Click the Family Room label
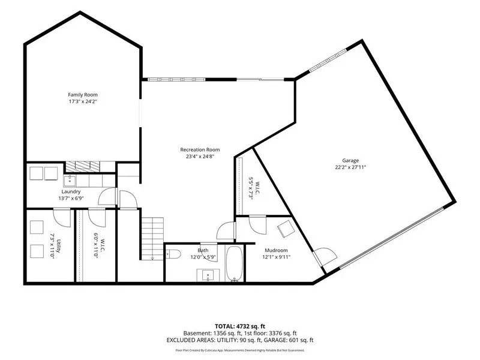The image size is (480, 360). pyautogui.click(x=83, y=95)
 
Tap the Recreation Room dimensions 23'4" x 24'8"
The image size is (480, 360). pyautogui.click(x=200, y=157)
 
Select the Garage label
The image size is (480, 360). pyautogui.click(x=350, y=160)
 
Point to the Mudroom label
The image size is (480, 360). pyautogui.click(x=276, y=250)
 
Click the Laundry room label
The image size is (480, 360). pyautogui.click(x=71, y=191)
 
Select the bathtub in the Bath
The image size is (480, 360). pyautogui.click(x=235, y=263)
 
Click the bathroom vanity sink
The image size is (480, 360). pyautogui.click(x=208, y=275)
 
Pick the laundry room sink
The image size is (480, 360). pyautogui.click(x=70, y=181)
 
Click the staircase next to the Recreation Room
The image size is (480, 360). pyautogui.click(x=152, y=239)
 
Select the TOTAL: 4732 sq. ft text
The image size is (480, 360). pyautogui.click(x=239, y=326)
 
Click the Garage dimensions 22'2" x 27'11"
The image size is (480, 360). pyautogui.click(x=350, y=167)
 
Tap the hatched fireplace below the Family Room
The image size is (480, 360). pyautogui.click(x=83, y=166)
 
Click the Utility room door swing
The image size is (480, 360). pyautogui.click(x=62, y=217)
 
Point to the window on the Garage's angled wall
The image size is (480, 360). pyautogui.click(x=328, y=61)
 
